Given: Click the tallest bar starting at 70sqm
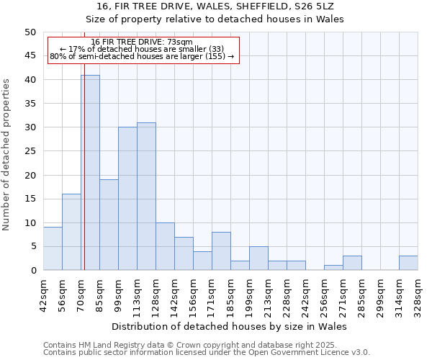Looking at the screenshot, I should pos(90,173).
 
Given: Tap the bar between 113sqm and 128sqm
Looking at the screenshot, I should pos(146,197).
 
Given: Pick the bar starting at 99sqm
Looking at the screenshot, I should pos(127,199).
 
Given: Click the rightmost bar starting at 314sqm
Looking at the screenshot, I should pos(408,263).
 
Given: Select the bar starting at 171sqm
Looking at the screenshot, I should pos(221,251).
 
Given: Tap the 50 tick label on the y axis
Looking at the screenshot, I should pos(30,32).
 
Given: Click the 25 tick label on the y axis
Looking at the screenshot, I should pos(30,151).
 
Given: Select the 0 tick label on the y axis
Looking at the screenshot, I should pos(32,270).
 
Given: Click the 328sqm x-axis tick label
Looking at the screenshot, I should pos(418,292).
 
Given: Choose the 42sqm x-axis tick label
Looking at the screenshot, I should pos(43,292).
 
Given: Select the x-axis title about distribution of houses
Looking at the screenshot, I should pos(230,326).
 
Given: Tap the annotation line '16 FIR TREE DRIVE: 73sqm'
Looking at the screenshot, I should pos(142,42).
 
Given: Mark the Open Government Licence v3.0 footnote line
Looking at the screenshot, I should pos(206,352).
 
